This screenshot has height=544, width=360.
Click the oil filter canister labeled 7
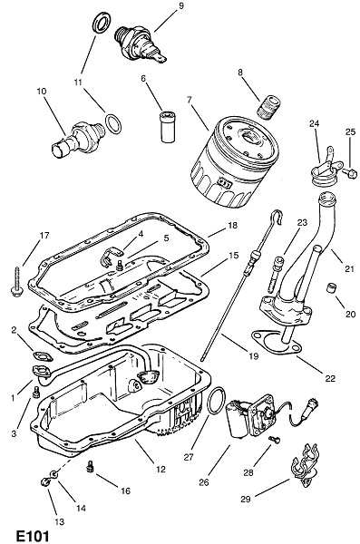[x=235, y=162]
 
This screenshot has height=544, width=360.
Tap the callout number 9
[x=180, y=6]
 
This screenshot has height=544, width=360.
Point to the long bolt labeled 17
[x=16, y=282]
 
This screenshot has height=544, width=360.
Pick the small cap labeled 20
[x=333, y=287]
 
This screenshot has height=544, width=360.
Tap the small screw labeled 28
[x=274, y=440]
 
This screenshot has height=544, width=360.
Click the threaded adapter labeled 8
[x=269, y=107]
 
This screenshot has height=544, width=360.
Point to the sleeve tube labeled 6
[x=169, y=126]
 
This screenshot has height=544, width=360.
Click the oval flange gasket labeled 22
[x=275, y=344]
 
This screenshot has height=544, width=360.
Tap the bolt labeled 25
[x=350, y=172]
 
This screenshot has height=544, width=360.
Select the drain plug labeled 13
[x=45, y=482]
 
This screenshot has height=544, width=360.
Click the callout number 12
[x=161, y=469]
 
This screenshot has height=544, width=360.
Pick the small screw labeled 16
[x=91, y=467]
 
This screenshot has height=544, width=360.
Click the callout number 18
[x=232, y=226]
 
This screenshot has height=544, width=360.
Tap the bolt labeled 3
[x=35, y=393]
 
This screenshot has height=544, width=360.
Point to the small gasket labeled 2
[x=43, y=356]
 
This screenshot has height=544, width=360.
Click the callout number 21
[x=349, y=268]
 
